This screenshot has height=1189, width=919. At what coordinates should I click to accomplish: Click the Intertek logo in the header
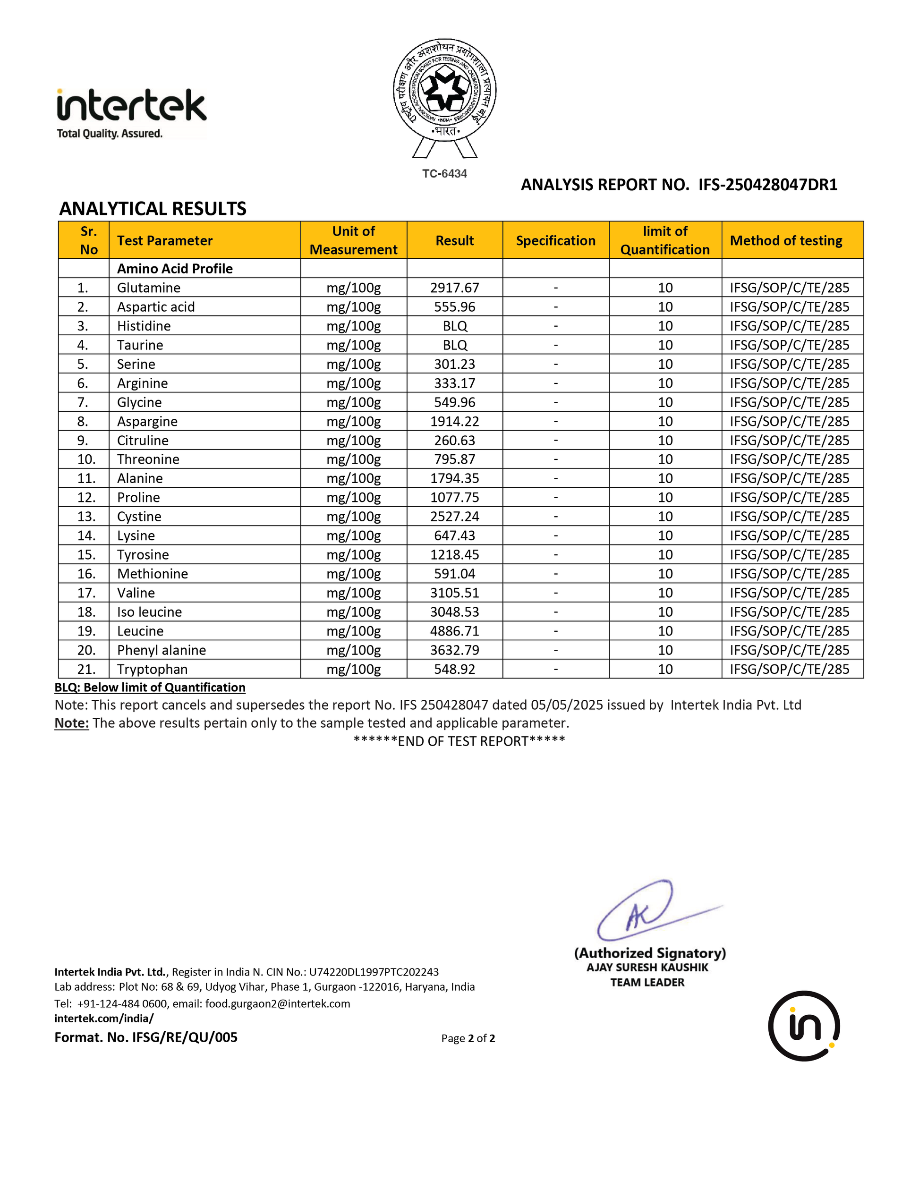(131, 113)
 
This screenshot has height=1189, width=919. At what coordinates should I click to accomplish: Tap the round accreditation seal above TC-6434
(445, 90)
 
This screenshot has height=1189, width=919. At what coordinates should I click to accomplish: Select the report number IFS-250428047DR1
(768, 185)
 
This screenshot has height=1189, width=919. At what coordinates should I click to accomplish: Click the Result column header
(455, 241)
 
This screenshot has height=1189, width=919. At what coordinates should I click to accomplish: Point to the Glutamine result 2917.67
(455, 288)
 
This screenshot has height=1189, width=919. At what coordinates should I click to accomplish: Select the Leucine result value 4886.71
(455, 631)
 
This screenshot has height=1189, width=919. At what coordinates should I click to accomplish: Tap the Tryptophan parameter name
(153, 669)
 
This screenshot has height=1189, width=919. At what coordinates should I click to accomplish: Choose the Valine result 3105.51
(455, 593)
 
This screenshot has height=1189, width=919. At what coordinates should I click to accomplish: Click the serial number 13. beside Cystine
(86, 517)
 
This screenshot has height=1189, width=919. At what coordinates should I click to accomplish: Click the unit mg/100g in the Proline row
(353, 498)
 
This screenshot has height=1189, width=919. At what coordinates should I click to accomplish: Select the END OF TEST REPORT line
(459, 741)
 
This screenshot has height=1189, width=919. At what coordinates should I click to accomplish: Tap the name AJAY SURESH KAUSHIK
(647, 968)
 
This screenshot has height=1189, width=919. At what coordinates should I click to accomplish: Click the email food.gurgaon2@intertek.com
(278, 1003)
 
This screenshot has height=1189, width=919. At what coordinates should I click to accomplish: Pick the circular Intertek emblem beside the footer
(804, 1026)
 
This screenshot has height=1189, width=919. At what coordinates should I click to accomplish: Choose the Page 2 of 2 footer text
(468, 1038)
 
